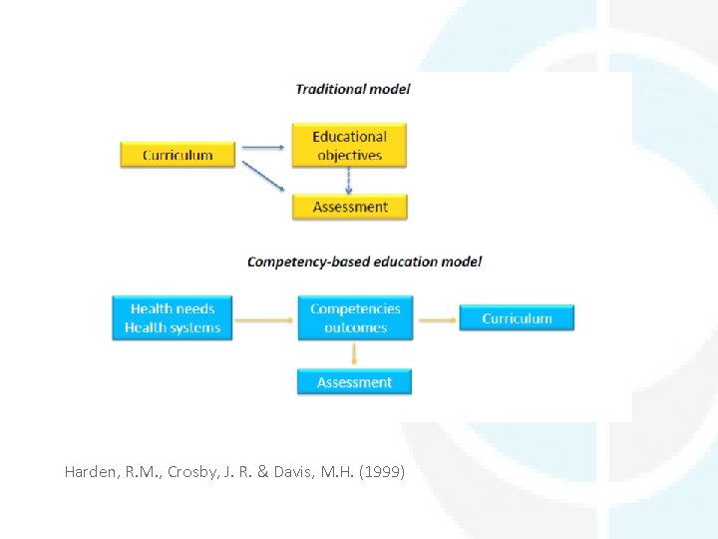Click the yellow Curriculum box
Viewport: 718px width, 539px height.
[178, 155]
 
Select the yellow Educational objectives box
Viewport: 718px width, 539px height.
[349, 146]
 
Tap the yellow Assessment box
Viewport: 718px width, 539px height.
[349, 207]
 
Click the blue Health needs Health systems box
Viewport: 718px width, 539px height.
[173, 318]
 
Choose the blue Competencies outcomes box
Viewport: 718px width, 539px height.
[355, 318]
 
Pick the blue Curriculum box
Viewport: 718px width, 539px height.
[517, 318]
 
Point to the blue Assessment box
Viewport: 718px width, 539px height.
[354, 382]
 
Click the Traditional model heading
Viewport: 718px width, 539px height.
[353, 89]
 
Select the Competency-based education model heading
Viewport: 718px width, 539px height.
[364, 262]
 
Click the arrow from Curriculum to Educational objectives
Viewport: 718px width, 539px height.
[263, 149]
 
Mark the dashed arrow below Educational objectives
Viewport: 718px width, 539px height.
[349, 180]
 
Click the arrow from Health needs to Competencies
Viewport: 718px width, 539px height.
[264, 320]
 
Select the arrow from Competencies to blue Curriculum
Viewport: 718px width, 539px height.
[437, 320]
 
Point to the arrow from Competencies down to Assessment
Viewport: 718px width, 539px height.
[354, 354]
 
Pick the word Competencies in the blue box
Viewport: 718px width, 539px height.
[355, 309]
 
